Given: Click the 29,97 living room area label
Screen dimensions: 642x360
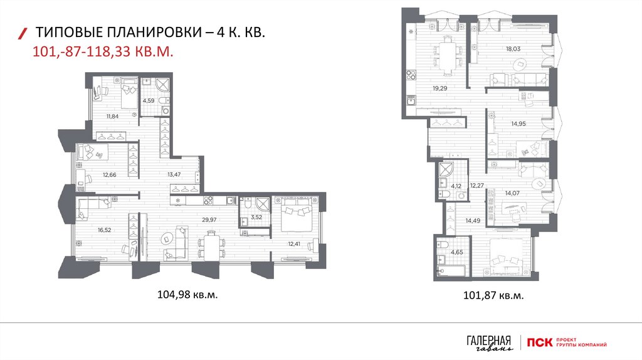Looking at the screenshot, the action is (209, 220).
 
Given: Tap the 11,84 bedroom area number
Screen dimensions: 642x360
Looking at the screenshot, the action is (112, 116).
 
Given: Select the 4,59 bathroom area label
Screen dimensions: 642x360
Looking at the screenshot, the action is (148, 100).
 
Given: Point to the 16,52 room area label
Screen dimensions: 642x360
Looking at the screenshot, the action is (105, 230).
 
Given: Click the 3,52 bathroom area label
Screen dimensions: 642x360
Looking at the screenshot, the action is (256, 218).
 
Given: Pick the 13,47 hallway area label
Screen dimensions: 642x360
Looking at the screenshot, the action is (174, 174).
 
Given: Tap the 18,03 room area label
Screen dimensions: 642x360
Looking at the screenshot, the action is (513, 49).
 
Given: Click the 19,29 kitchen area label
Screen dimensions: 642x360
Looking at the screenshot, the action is (440, 88).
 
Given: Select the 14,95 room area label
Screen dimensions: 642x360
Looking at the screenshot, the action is (518, 124).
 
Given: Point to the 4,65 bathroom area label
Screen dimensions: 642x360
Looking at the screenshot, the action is (457, 252).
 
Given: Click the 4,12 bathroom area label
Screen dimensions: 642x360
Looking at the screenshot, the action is (456, 186).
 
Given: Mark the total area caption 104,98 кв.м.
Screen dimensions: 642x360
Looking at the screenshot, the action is (187, 295).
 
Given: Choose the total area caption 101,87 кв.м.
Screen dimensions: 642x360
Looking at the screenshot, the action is (493, 295).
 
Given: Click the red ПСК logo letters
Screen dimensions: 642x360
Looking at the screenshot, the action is (540, 342).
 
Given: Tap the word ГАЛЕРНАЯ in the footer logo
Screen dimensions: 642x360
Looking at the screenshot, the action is (489, 341).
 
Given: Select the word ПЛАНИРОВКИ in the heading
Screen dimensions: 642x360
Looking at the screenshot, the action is (154, 32).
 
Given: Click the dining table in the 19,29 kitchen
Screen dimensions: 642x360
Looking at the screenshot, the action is (447, 56).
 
